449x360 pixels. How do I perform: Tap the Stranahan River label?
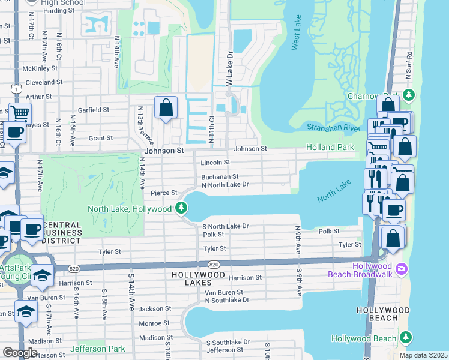[333, 128]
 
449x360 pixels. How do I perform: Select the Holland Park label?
[330, 147]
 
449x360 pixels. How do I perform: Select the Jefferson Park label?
[97, 349]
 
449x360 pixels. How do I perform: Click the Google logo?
[20, 353]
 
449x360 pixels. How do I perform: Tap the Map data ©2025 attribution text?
[423, 355]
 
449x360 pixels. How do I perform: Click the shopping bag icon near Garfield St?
[166, 109]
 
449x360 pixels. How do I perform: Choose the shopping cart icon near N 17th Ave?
[20, 112]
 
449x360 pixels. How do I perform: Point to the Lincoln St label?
[215, 163]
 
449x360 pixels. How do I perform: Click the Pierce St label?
[164, 193]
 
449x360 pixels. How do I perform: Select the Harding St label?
[59, 11]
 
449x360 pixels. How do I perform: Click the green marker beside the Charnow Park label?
[409, 95]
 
